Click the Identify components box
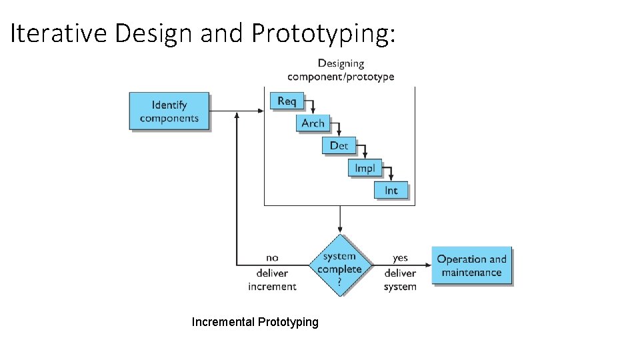(x=169, y=111)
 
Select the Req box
(x=286, y=101)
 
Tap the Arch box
(x=313, y=123)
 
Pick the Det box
(x=339, y=145)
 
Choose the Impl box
(x=365, y=168)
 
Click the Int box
(x=391, y=190)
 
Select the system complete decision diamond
(x=340, y=265)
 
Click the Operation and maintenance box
(x=472, y=265)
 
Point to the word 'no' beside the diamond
(x=272, y=257)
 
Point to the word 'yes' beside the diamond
(x=400, y=257)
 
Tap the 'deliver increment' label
(x=272, y=279)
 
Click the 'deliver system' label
(x=400, y=279)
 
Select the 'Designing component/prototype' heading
(x=341, y=70)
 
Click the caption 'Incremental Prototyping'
(x=255, y=322)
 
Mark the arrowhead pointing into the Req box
(x=261, y=111)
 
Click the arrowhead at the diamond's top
(x=340, y=231)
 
